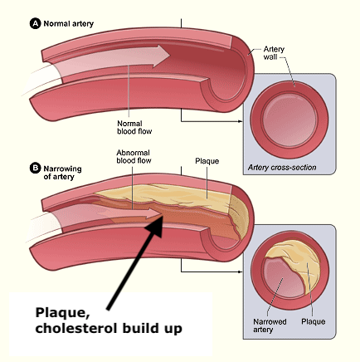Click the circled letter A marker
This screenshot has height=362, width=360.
pos(35,23)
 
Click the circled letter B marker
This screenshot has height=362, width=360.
pos(35,169)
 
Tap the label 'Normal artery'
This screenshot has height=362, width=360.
pos(69,24)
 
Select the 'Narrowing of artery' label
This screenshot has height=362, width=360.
pos(62,173)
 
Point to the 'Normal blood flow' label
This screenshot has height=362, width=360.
pos(134,127)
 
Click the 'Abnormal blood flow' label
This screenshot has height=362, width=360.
pos(134,157)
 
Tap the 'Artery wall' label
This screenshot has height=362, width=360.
pos(274,53)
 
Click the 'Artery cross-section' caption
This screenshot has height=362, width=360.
pos(282,168)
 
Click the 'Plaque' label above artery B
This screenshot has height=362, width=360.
pos(207,161)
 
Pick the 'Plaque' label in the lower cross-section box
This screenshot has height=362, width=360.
pos(313,322)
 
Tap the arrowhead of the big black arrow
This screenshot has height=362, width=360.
pos(156,226)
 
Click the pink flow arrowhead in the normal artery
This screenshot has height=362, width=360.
pos(161,56)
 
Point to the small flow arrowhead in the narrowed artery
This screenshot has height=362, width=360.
pos(154,213)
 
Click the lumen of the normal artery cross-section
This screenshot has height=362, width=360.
pos(289,120)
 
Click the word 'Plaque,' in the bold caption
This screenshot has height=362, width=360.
pos(62,314)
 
